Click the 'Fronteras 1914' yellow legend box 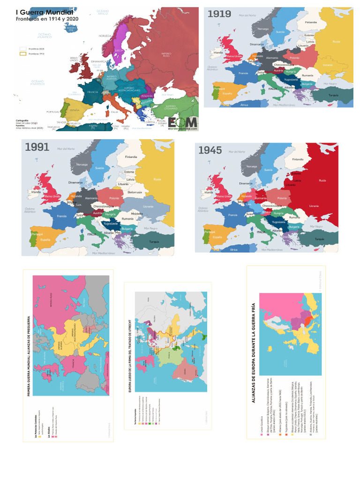22,54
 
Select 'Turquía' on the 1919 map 333,95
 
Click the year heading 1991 37,147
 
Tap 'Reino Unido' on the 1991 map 52,196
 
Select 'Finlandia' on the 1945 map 298,159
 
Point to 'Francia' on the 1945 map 232,215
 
